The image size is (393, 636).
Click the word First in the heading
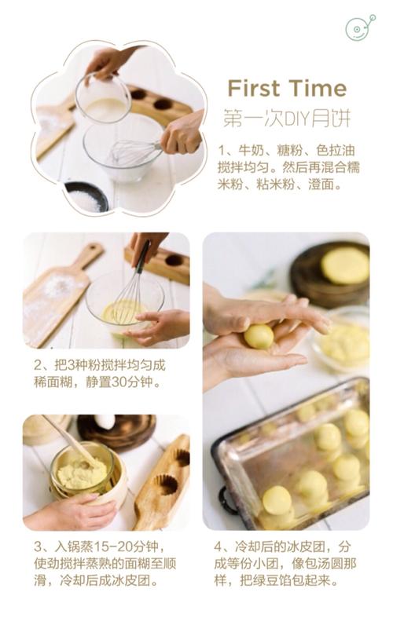[253, 87]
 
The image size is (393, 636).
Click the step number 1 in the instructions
[222, 148]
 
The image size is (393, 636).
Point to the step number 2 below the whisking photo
[39, 365]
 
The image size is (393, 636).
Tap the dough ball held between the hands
[259, 336]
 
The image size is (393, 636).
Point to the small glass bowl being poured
[103, 100]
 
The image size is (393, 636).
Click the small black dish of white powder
[86, 198]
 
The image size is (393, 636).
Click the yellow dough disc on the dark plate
[344, 265]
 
